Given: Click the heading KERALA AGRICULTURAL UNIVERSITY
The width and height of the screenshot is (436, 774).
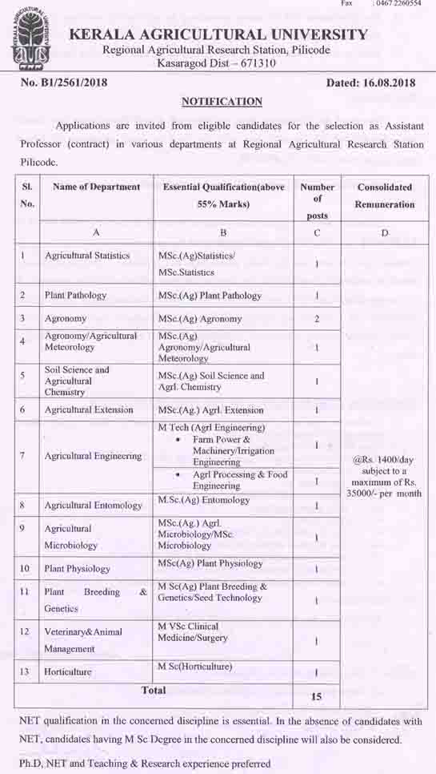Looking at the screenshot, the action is click(x=219, y=34).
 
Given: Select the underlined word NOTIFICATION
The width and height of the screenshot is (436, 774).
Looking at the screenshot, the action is click(x=222, y=102).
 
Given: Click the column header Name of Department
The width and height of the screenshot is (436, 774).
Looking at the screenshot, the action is click(x=96, y=187).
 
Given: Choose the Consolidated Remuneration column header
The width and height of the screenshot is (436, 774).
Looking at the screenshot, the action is click(x=385, y=196).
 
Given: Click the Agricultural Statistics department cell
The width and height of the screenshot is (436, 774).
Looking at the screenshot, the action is click(x=87, y=256).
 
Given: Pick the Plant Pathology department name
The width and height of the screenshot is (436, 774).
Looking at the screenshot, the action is click(x=75, y=295).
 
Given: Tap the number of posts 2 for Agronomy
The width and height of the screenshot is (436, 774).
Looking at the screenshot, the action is click(x=317, y=318).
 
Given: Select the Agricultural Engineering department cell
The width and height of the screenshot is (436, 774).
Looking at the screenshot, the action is click(x=93, y=456).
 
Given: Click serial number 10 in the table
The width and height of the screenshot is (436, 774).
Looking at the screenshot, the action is click(x=25, y=568).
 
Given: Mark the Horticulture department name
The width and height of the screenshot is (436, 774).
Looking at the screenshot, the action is click(x=68, y=671).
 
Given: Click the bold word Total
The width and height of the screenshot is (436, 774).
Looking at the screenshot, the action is click(x=154, y=690).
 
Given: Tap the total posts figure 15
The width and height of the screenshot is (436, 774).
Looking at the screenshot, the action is click(x=317, y=696).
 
